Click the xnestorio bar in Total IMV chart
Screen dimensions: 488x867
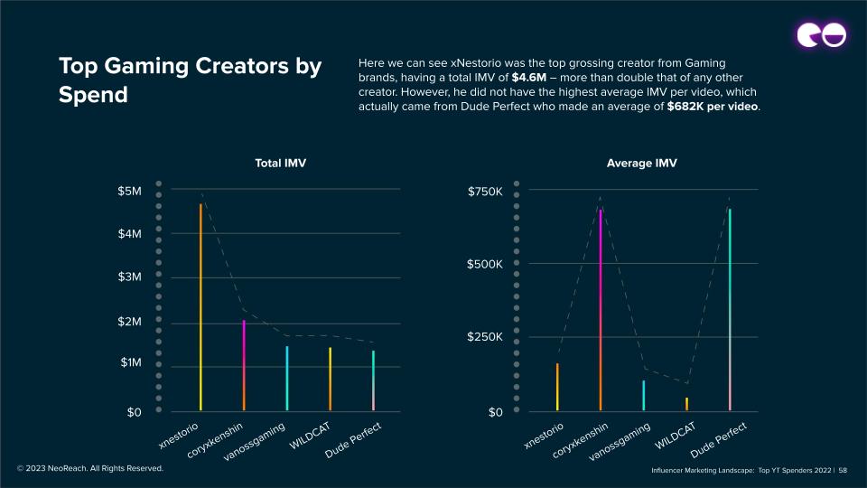pos(200,307)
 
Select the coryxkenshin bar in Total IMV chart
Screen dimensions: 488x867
pos(244,365)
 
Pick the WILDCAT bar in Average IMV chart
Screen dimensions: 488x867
pos(686,404)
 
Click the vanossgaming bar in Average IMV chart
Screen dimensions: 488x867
pos(644,395)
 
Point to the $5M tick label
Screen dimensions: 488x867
pos(129,192)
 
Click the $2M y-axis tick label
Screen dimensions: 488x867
pos(129,323)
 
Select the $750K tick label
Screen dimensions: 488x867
pos(485,192)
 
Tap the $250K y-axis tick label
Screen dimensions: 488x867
pos(485,337)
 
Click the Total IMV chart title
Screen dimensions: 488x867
pos(281,163)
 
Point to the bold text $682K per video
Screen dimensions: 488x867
pos(713,107)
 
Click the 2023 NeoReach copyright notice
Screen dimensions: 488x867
pos(90,468)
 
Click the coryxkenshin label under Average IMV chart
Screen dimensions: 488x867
pos(580,440)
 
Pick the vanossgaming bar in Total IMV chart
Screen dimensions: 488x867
pos(287,378)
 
